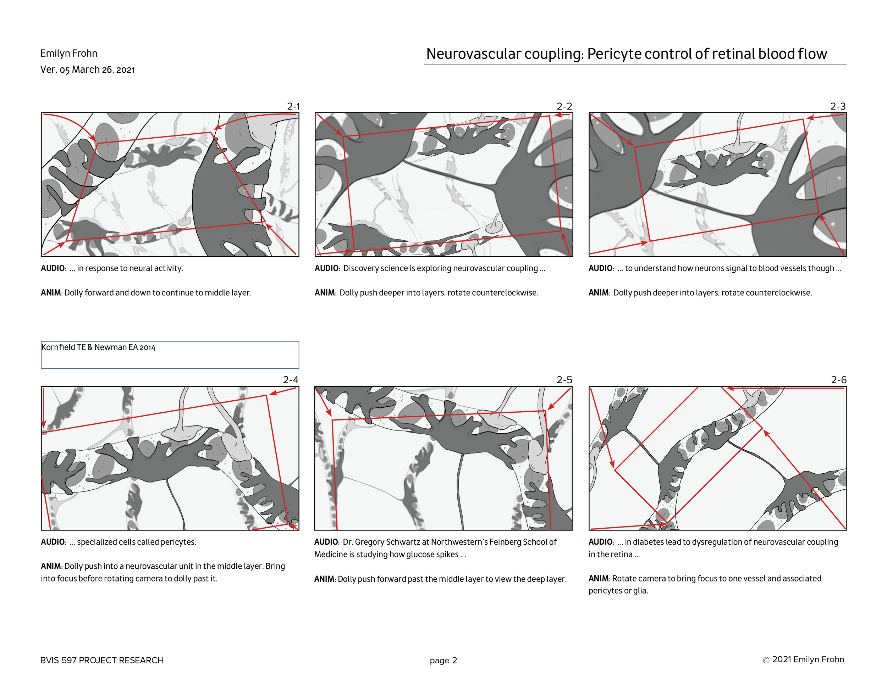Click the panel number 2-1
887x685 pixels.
(x=293, y=106)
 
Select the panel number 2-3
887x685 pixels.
(x=838, y=106)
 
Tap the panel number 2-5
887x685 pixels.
(x=564, y=380)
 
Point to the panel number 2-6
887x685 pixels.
(x=839, y=380)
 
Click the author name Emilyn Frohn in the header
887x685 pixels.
(x=68, y=54)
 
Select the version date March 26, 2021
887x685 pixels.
(x=103, y=70)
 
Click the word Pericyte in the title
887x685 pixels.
(x=613, y=54)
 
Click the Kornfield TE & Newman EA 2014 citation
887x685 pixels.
(x=98, y=347)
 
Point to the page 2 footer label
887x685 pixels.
(x=443, y=660)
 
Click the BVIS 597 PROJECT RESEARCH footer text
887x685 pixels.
(x=102, y=660)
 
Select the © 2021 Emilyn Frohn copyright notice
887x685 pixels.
(x=803, y=659)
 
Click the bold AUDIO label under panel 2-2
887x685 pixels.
(x=326, y=268)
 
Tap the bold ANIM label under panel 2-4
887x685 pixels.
(x=51, y=566)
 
